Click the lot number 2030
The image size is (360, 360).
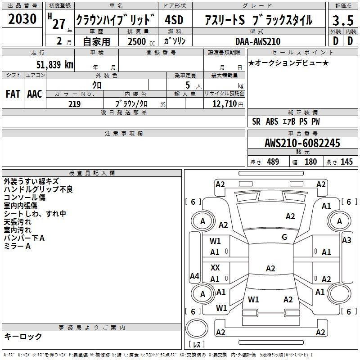click(x=22, y=19)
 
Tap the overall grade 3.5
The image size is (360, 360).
click(x=343, y=20)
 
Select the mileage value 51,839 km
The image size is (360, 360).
click(x=55, y=64)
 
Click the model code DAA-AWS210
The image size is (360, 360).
click(x=258, y=41)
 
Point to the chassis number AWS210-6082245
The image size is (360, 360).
click(x=302, y=143)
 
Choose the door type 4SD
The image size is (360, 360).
click(x=174, y=20)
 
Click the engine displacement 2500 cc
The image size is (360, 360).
click(x=141, y=41)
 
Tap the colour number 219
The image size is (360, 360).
click(x=75, y=104)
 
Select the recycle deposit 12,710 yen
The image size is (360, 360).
click(x=228, y=104)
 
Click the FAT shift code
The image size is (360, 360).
click(x=13, y=94)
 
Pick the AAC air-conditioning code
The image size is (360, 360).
click(x=35, y=94)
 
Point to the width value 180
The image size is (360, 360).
click(x=310, y=162)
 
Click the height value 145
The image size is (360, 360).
click(x=346, y=162)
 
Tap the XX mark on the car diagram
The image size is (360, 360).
click(x=215, y=267)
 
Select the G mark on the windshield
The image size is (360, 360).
click(x=284, y=237)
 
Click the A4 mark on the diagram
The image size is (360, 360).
click(x=194, y=276)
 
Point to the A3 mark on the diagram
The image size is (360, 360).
click(x=346, y=240)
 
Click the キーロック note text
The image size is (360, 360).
click(x=23, y=336)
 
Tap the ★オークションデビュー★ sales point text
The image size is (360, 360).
click(x=288, y=63)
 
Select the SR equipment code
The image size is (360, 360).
click(x=256, y=121)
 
